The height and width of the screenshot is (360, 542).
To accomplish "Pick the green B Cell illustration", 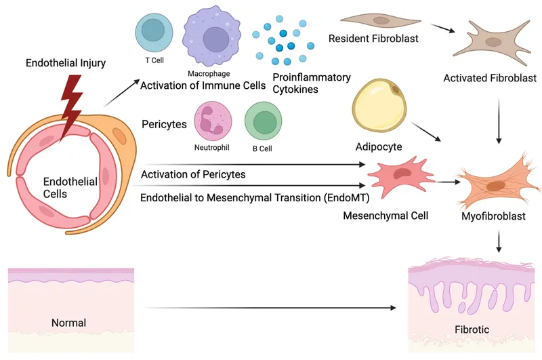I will pyautogui.click(x=264, y=122).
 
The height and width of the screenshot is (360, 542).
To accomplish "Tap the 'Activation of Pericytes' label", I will pyautogui.click(x=193, y=175).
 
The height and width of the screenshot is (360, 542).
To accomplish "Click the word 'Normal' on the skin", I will pyautogui.click(x=69, y=323).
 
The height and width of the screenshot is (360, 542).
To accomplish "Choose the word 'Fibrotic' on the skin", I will pyautogui.click(x=472, y=330).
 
